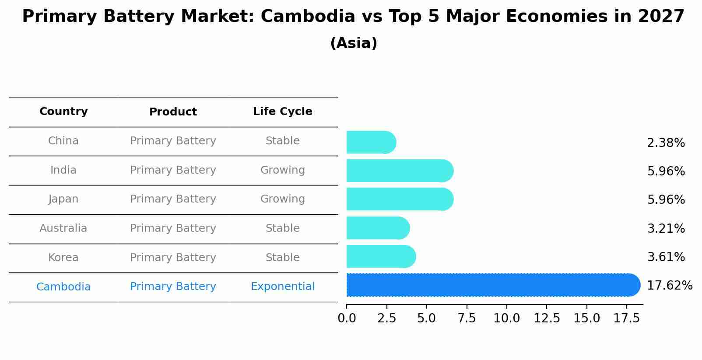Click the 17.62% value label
pos(669,286)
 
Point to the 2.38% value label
pos(666,143)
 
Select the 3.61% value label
pos(666,257)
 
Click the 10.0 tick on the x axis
pos(506,318)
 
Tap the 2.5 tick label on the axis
pos(386,318)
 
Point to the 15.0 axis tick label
pos(586,318)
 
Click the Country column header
pos(63,112)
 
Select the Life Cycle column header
pos(282,112)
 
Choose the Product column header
pos(173,112)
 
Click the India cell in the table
pos(63,170)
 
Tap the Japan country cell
pos(63,199)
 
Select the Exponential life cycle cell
pos(282,287)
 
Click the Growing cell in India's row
pos(282,170)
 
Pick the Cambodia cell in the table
pos(63,287)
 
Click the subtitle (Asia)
pos(354,43)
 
